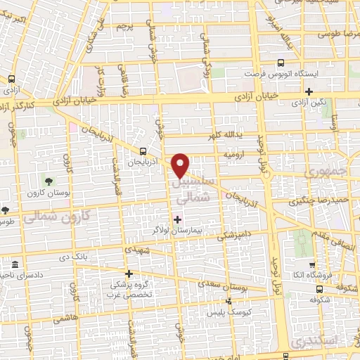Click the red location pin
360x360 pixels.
point(181,165)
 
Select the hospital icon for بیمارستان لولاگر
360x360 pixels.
point(176,220)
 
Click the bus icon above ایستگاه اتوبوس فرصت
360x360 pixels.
point(281,63)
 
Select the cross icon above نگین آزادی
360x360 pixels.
point(309,91)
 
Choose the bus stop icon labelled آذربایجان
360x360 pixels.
point(143,151)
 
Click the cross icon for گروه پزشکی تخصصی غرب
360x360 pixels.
point(128,274)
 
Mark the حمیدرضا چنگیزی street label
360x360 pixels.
point(311,203)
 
